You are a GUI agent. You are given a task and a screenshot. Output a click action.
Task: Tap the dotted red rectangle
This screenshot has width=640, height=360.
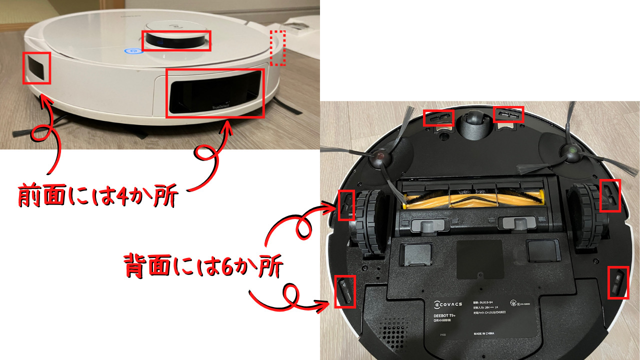277,48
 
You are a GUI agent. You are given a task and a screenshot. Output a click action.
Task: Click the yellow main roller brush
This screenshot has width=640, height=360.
473,197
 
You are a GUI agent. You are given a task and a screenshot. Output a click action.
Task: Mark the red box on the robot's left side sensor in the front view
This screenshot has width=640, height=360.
37,68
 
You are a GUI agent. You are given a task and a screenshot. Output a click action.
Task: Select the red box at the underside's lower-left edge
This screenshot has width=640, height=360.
345,291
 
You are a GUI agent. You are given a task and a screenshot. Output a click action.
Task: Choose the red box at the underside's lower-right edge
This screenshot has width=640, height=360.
617,283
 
